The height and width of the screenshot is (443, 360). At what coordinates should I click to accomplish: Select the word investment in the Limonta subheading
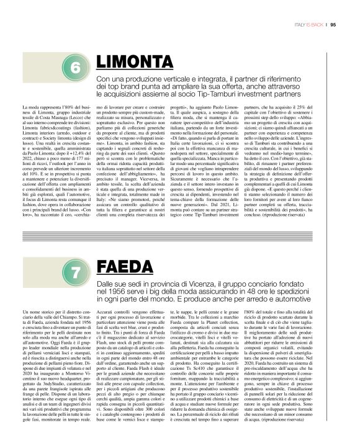tap(277, 94)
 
